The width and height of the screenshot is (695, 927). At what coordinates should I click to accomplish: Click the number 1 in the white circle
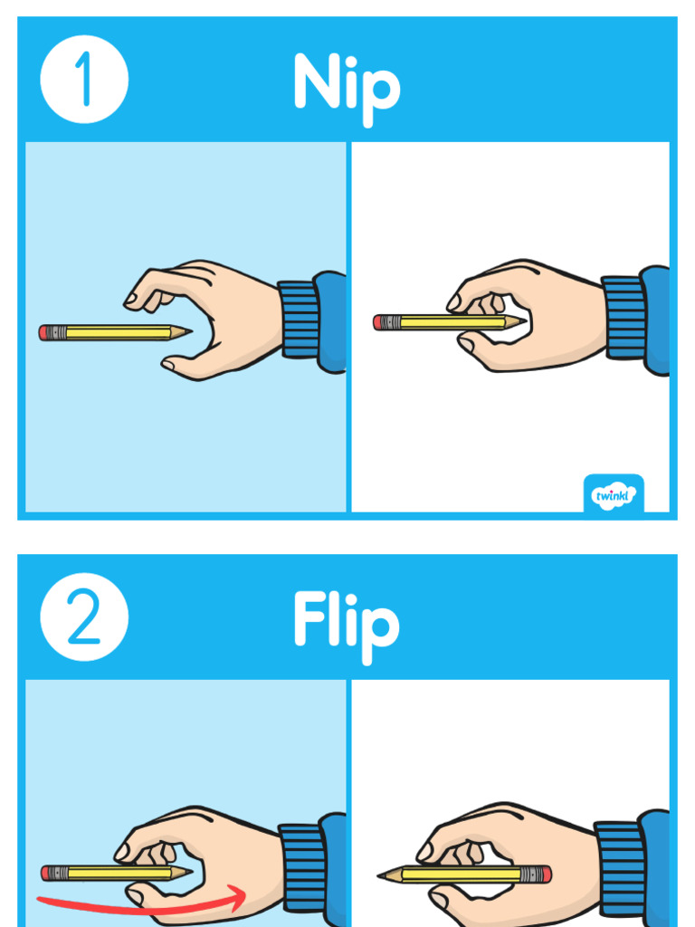(x=84, y=80)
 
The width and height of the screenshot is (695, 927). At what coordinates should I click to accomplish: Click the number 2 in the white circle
(x=84, y=617)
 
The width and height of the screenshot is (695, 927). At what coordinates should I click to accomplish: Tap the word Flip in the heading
(x=346, y=623)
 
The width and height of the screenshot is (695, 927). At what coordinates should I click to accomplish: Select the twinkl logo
(x=614, y=494)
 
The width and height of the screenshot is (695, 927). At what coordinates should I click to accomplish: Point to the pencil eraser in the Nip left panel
(x=44, y=332)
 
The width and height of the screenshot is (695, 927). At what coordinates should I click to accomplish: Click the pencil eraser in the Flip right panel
(x=544, y=874)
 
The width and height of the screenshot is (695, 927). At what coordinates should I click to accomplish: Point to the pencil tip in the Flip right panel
(x=385, y=875)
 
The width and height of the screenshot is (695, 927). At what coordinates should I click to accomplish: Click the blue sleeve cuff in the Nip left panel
(x=299, y=320)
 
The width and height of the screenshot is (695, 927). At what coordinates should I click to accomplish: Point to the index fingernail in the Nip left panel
(x=132, y=298)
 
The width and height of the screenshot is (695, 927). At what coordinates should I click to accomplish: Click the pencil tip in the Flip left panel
(x=185, y=873)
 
